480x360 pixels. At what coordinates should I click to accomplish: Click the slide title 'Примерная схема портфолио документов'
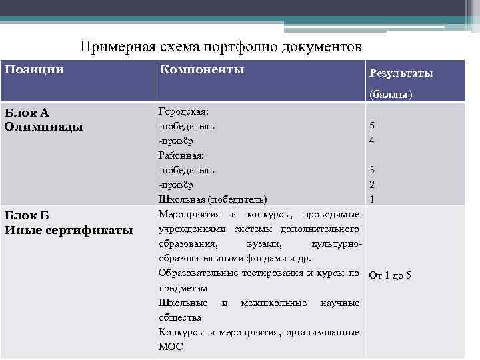[x=221, y=47]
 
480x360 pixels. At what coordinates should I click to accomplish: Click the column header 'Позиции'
[x=35, y=69]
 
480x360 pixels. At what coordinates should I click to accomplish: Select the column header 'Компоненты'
[x=201, y=69]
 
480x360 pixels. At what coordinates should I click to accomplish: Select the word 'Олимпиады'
[x=43, y=125]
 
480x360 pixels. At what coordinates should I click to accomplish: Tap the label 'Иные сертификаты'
[x=69, y=230]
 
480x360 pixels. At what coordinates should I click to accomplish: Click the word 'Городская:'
[x=183, y=111]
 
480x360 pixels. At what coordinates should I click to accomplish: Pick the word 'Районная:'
[x=181, y=155]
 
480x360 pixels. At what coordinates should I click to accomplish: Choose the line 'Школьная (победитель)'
[x=213, y=199]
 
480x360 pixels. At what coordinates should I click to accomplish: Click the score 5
[x=373, y=126]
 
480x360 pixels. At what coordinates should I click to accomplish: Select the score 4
[x=373, y=141]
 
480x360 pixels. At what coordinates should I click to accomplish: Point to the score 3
[x=373, y=170]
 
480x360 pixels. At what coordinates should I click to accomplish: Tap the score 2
[x=373, y=185]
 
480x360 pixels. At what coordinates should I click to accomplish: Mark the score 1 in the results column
[x=373, y=199]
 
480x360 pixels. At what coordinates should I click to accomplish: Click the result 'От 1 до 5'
[x=390, y=274]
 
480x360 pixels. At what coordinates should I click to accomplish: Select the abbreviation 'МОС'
[x=170, y=347]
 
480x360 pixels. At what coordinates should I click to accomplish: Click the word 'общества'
[x=180, y=317]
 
